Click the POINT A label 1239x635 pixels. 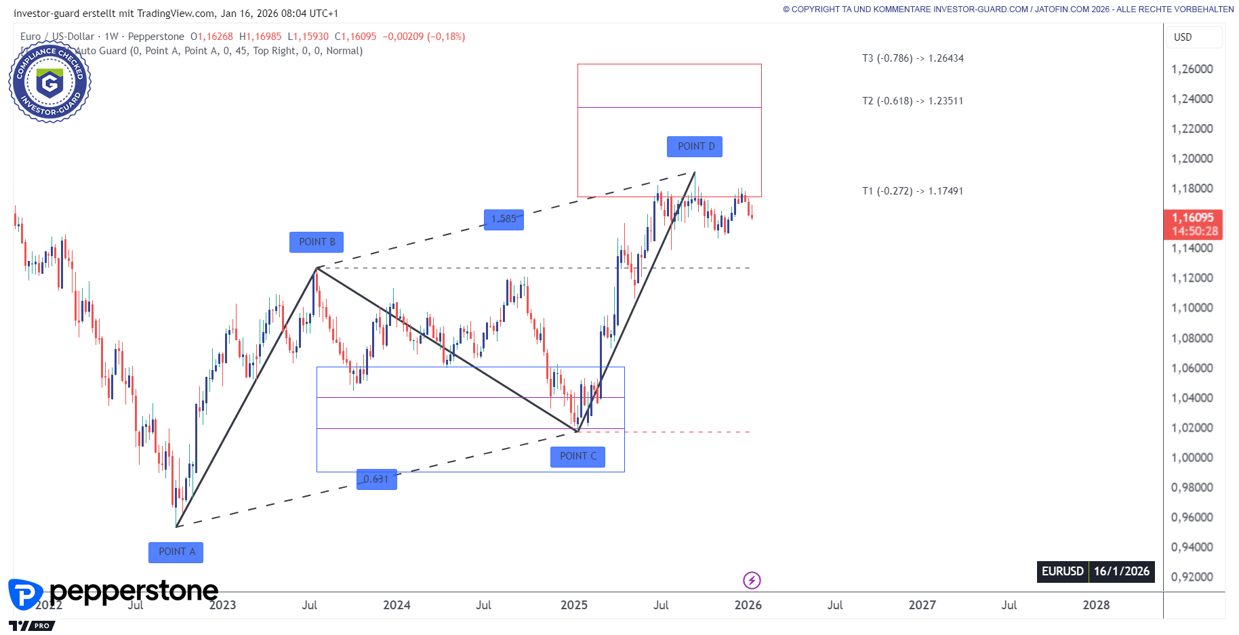pos(176,552)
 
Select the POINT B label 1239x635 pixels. pos(317,242)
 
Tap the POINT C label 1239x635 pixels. pos(577,456)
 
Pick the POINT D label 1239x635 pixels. pos(695,146)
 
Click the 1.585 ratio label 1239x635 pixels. pos(504,219)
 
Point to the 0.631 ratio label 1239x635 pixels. pos(376,479)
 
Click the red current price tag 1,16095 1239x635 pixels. pos(1193,224)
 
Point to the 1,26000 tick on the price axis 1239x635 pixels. pos(1192,69)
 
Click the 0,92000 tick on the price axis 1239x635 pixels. pos(1192,577)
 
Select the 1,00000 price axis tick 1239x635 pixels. pos(1192,457)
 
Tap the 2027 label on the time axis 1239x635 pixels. pos(922,605)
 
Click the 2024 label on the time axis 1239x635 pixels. pos(397,605)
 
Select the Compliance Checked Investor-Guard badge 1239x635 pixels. pos(49,83)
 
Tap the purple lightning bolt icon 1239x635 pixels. pos(752,580)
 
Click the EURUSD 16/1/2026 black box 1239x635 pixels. pos(1095,571)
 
